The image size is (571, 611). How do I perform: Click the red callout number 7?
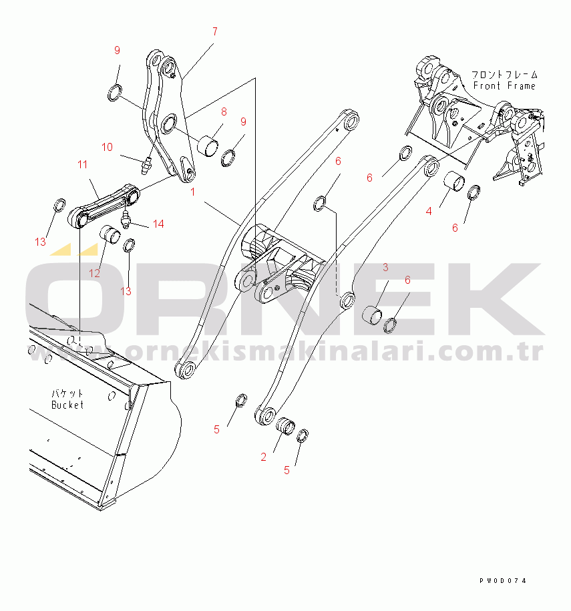[215, 31]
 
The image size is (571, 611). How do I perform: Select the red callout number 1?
[192, 192]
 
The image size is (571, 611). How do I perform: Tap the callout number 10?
[107, 147]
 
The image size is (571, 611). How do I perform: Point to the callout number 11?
[82, 164]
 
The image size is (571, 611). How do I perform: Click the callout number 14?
[158, 224]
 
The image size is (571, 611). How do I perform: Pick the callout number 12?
[95, 273]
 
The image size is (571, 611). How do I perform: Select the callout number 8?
[224, 112]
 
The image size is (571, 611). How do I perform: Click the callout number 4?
[429, 211]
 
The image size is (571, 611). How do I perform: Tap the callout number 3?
[385, 267]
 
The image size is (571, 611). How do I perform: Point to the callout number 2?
[264, 457]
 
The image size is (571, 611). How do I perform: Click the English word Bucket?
[67, 405]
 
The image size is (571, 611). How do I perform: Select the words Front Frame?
[504, 85]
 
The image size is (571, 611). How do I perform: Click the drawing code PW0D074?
[503, 580]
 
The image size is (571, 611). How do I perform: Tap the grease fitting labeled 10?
[146, 166]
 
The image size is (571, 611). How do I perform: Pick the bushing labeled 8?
[206, 146]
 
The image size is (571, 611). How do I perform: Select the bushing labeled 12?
[110, 234]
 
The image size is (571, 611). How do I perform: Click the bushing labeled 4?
[454, 182]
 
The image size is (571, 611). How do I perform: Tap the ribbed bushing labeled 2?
[286, 425]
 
